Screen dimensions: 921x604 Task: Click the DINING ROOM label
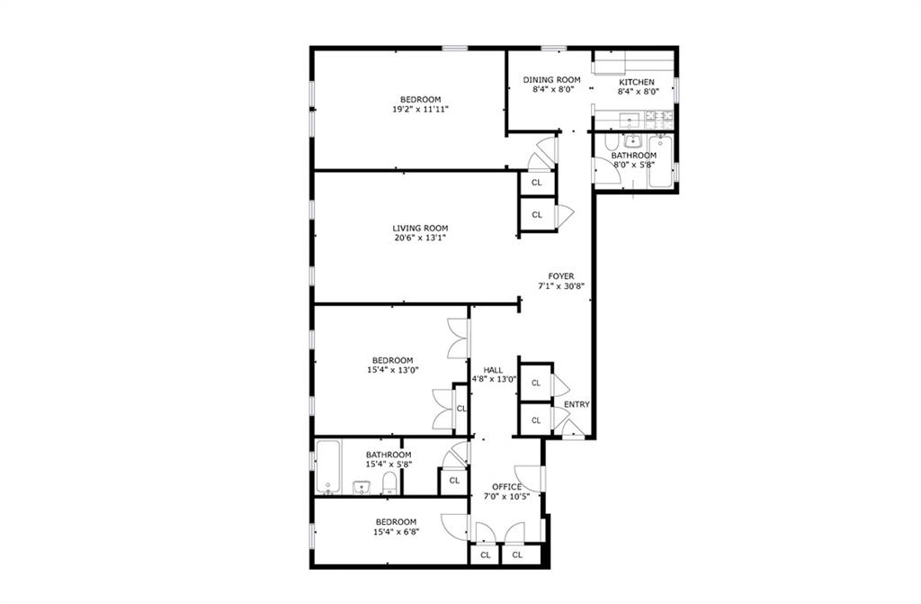click(551, 80)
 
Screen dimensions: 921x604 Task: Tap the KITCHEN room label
click(637, 82)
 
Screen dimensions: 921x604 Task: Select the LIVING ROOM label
click(420, 229)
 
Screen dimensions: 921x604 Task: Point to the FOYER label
click(561, 276)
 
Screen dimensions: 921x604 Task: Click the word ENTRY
click(577, 405)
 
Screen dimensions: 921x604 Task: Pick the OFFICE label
click(506, 487)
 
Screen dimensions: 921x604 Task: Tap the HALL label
click(493, 370)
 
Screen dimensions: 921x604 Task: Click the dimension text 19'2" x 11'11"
click(421, 109)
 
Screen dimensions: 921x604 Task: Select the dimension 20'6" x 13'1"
click(420, 239)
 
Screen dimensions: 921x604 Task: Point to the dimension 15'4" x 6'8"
click(396, 532)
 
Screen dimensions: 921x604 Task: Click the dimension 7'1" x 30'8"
click(561, 286)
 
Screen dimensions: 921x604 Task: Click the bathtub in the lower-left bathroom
click(327, 467)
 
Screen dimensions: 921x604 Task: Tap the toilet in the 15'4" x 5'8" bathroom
click(390, 484)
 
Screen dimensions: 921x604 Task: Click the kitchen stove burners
click(659, 120)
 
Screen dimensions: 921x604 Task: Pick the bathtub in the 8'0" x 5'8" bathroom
click(661, 161)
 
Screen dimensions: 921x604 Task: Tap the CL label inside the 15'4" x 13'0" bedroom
click(461, 408)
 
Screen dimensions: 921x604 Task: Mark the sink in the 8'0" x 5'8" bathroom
click(632, 141)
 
